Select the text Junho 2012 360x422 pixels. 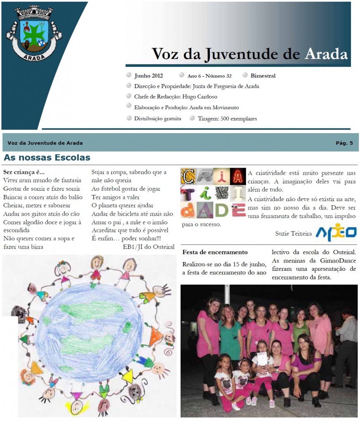tap(148, 76)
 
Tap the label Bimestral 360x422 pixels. tap(263, 76)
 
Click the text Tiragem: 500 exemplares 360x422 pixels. tap(227, 119)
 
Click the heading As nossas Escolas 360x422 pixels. tap(47, 158)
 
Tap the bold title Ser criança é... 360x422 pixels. tap(24, 172)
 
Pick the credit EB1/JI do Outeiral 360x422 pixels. tap(148, 247)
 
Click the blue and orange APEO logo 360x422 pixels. tap(336, 232)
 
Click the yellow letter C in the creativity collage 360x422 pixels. tap(188, 176)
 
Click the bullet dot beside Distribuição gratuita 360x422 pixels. tap(129, 119)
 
